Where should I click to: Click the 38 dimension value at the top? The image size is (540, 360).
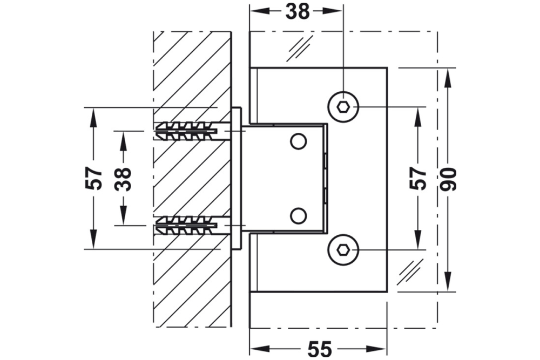coord(298,11)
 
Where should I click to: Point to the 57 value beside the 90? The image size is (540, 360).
coord(418,179)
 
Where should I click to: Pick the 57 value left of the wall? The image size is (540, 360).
coord(94,178)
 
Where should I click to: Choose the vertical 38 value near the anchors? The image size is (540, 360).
coord(124,178)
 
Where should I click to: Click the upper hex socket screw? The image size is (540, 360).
coord(343,106)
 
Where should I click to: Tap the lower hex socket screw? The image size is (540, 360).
coord(343,249)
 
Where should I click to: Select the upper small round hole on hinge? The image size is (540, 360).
coord(298,141)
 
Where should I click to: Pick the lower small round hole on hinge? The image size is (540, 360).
coord(298,215)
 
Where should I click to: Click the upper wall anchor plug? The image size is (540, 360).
coord(186,131)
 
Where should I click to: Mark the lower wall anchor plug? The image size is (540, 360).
coord(186,226)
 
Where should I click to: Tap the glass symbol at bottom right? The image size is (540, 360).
coord(409,272)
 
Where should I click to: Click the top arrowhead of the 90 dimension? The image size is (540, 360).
coord(448,74)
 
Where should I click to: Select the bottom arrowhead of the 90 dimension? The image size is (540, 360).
coord(448,285)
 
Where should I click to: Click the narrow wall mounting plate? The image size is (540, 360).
coord(237,178)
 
